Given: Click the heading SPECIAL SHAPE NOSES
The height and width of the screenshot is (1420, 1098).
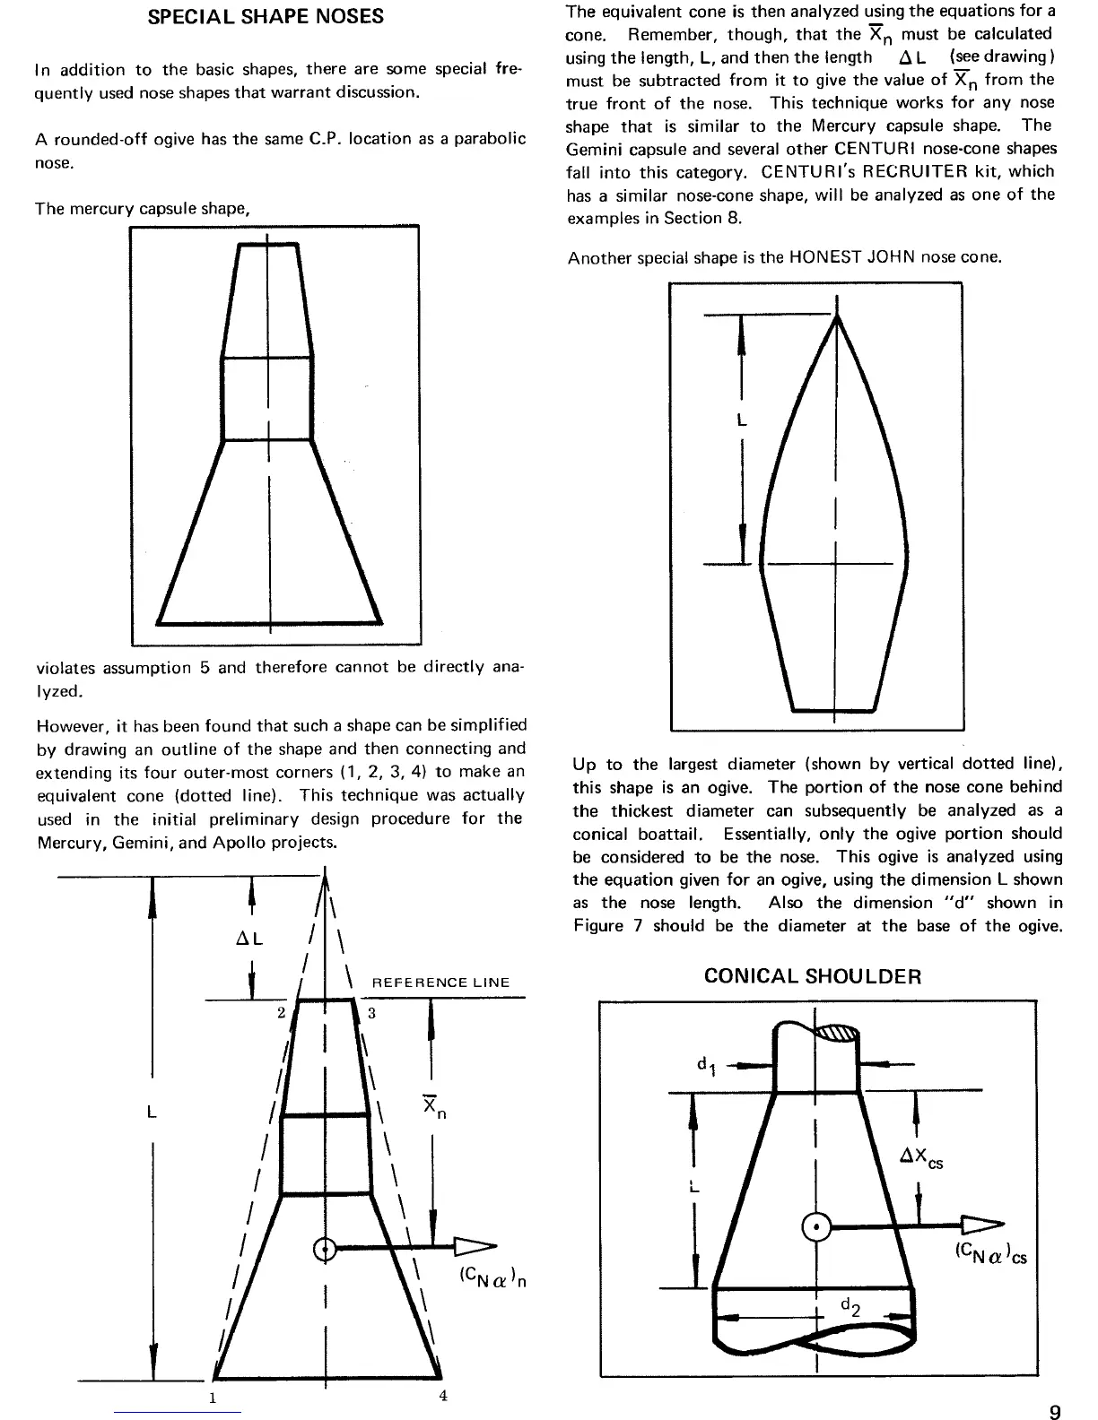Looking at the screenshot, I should pos(266,17).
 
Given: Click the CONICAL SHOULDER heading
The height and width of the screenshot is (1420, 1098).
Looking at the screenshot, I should pos(813,976).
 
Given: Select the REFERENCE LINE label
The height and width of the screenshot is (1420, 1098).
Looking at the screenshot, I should pos(440,983).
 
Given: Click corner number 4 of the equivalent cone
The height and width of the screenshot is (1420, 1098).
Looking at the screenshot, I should pos(443,1395).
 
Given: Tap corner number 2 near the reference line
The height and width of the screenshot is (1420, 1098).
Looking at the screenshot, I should pos(281,1012).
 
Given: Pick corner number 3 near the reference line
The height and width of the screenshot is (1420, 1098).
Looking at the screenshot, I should pos(370,1012).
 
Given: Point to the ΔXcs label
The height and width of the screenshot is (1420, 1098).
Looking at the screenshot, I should pos(921,1160).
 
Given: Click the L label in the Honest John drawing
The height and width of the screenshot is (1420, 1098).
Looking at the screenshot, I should pos(742,420).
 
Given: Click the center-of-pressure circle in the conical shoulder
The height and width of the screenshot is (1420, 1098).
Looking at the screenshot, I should pos(816,1226).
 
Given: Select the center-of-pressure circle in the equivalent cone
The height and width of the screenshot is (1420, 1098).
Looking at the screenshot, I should pos(325,1249).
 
